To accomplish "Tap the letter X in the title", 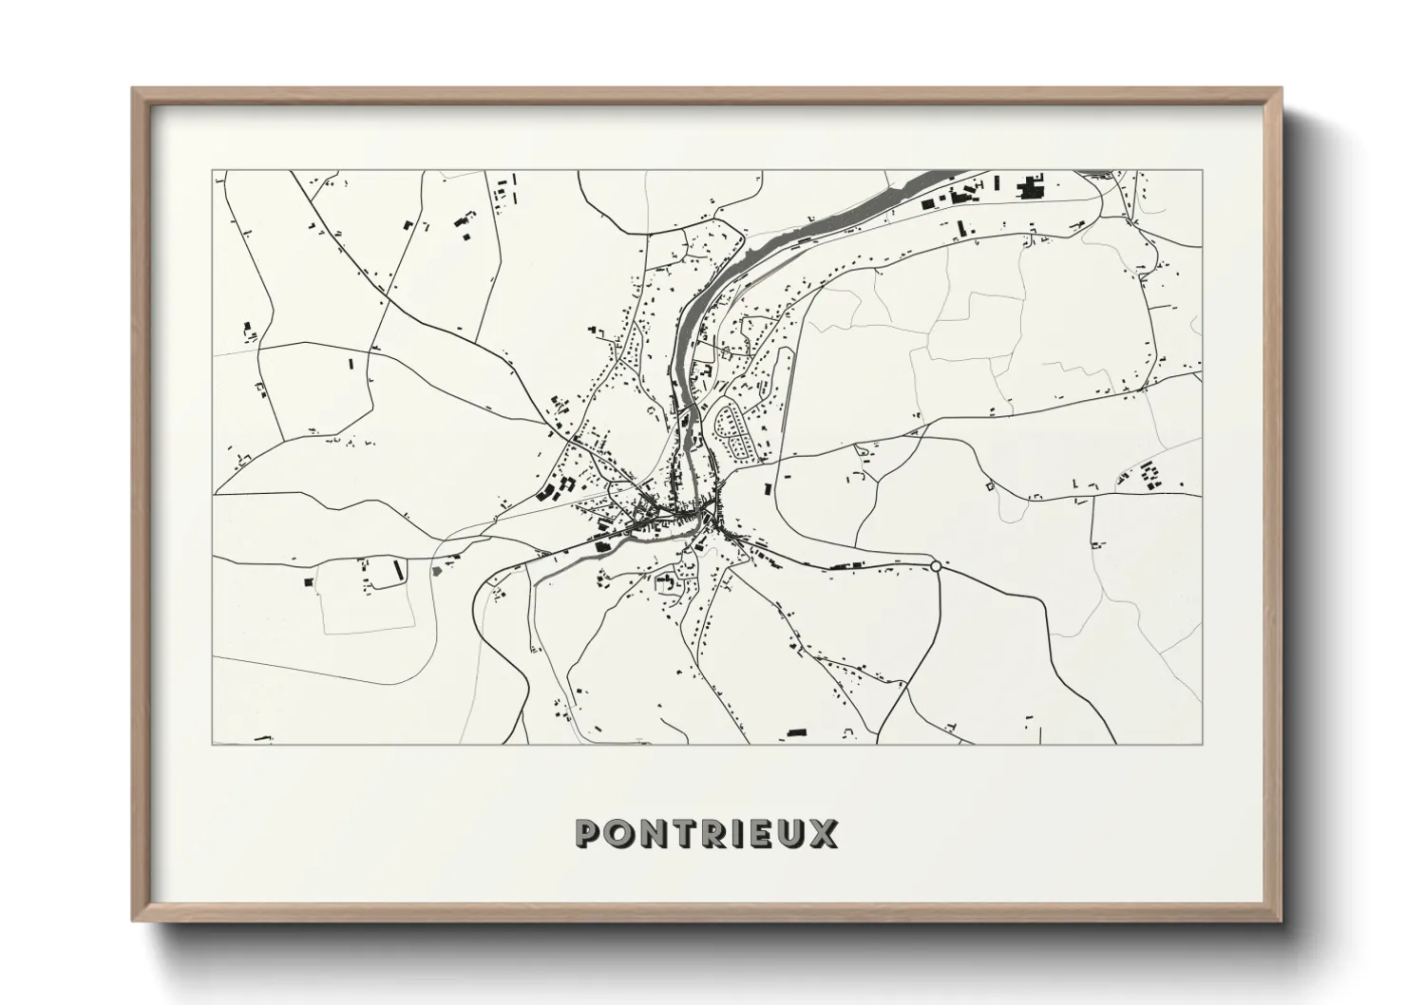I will coord(824,834).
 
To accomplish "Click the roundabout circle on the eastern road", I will coord(936,566).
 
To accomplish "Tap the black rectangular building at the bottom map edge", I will coord(796,732).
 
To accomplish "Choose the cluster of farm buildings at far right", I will coord(1149,473).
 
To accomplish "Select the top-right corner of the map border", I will coord(1202,171).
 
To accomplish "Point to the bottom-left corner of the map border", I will coord(213,744).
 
